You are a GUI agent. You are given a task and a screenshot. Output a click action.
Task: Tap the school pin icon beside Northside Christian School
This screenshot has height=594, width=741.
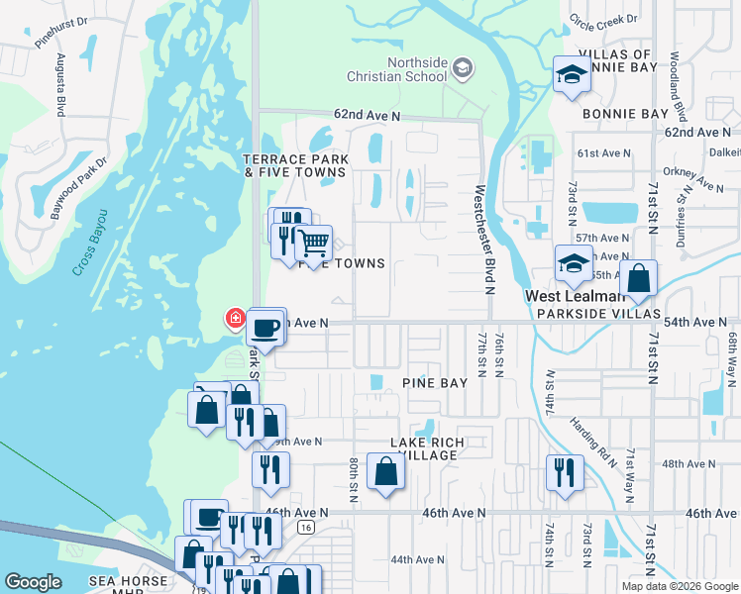(462, 68)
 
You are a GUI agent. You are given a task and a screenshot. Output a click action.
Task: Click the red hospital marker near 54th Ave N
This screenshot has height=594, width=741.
(235, 318)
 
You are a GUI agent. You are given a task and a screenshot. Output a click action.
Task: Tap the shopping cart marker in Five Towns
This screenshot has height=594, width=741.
(313, 243)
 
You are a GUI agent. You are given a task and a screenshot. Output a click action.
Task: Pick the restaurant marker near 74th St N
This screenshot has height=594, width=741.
(563, 471)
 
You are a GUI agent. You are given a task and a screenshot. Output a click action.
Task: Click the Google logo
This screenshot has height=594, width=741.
(34, 582)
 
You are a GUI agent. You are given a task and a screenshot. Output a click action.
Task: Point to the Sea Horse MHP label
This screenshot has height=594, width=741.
(124, 585)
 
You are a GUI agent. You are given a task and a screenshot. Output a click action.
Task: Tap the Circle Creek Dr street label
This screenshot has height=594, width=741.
(603, 19)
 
